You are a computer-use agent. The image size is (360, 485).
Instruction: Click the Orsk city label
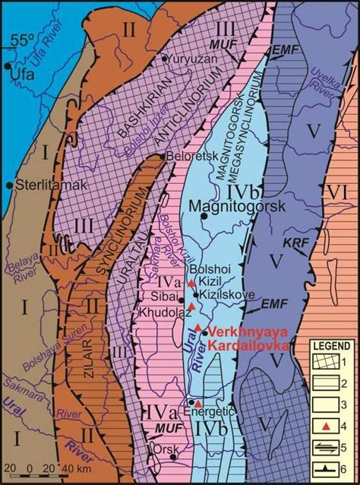click(x=166, y=448)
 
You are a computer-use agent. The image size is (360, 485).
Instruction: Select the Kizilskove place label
click(x=217, y=294)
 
